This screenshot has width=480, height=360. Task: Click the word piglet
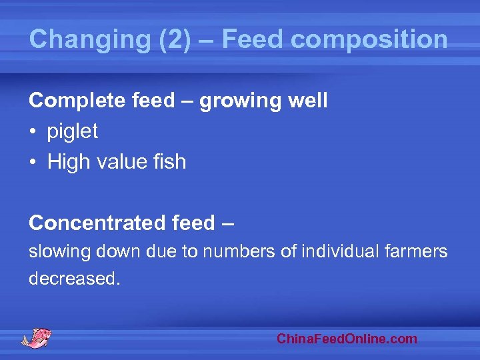pos(72,132)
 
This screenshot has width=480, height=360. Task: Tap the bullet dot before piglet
pos(33,132)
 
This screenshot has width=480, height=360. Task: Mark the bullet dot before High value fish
pos(33,162)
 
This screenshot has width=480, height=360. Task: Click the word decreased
pos(73,279)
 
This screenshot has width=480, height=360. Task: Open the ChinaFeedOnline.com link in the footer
pos(347,339)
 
